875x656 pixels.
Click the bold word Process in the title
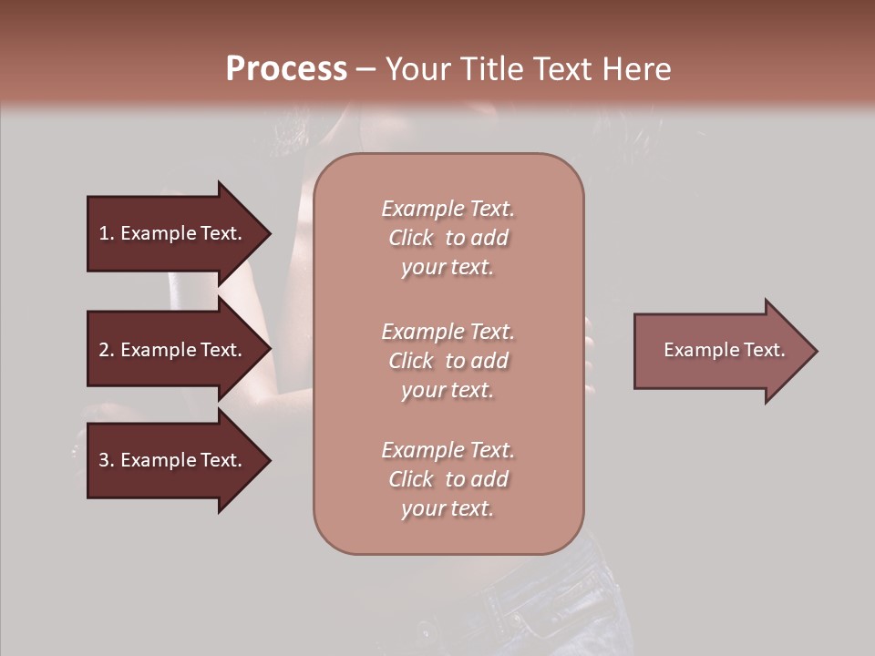[286, 68]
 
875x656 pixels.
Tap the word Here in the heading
[634, 68]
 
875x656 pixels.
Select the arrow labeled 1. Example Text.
[173, 233]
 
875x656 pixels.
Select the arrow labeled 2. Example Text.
[173, 350]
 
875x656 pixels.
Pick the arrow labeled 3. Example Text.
[173, 460]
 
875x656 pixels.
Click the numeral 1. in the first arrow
[107, 233]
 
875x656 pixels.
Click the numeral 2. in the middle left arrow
[107, 350]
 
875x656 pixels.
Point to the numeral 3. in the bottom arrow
[107, 460]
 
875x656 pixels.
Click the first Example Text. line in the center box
[448, 209]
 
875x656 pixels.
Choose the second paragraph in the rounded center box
[448, 360]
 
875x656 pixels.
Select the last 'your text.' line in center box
[448, 508]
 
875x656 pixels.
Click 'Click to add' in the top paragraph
[448, 238]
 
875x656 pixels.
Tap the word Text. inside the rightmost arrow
[763, 350]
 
